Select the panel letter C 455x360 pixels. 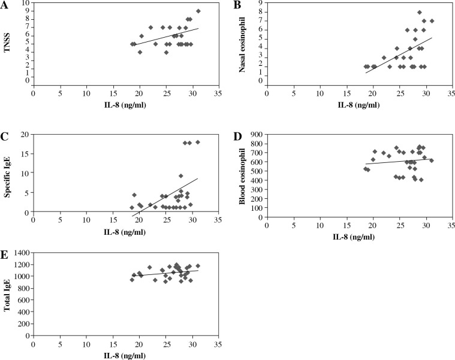(5, 136)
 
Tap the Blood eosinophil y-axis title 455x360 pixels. (242, 179)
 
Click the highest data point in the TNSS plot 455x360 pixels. (198, 11)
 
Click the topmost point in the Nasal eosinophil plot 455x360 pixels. (420, 12)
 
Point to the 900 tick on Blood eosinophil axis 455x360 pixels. (257, 137)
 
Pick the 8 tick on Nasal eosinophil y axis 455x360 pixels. (261, 12)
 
